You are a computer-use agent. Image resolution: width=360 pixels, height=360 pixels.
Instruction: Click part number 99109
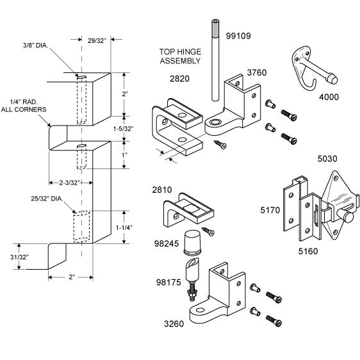pos(238,36)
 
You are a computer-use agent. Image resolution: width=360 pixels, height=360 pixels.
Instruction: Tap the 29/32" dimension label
pos(97,40)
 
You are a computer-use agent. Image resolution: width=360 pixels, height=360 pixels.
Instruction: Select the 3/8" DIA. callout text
pos(36,45)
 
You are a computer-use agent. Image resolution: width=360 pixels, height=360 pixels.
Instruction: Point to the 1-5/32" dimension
pos(123,129)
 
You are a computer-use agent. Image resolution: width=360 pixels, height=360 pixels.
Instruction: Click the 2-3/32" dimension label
pos(69,183)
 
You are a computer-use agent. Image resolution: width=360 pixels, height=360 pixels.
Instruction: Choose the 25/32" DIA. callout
pos(47,199)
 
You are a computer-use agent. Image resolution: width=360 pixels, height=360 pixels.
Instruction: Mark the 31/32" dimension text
pos(19,257)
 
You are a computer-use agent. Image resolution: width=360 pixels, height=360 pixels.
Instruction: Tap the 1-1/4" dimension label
pos(124,228)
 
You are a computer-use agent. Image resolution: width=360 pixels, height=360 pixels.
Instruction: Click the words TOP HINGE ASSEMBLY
pos(180,56)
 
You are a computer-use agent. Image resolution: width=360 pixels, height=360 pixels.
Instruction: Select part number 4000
pos(329,97)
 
